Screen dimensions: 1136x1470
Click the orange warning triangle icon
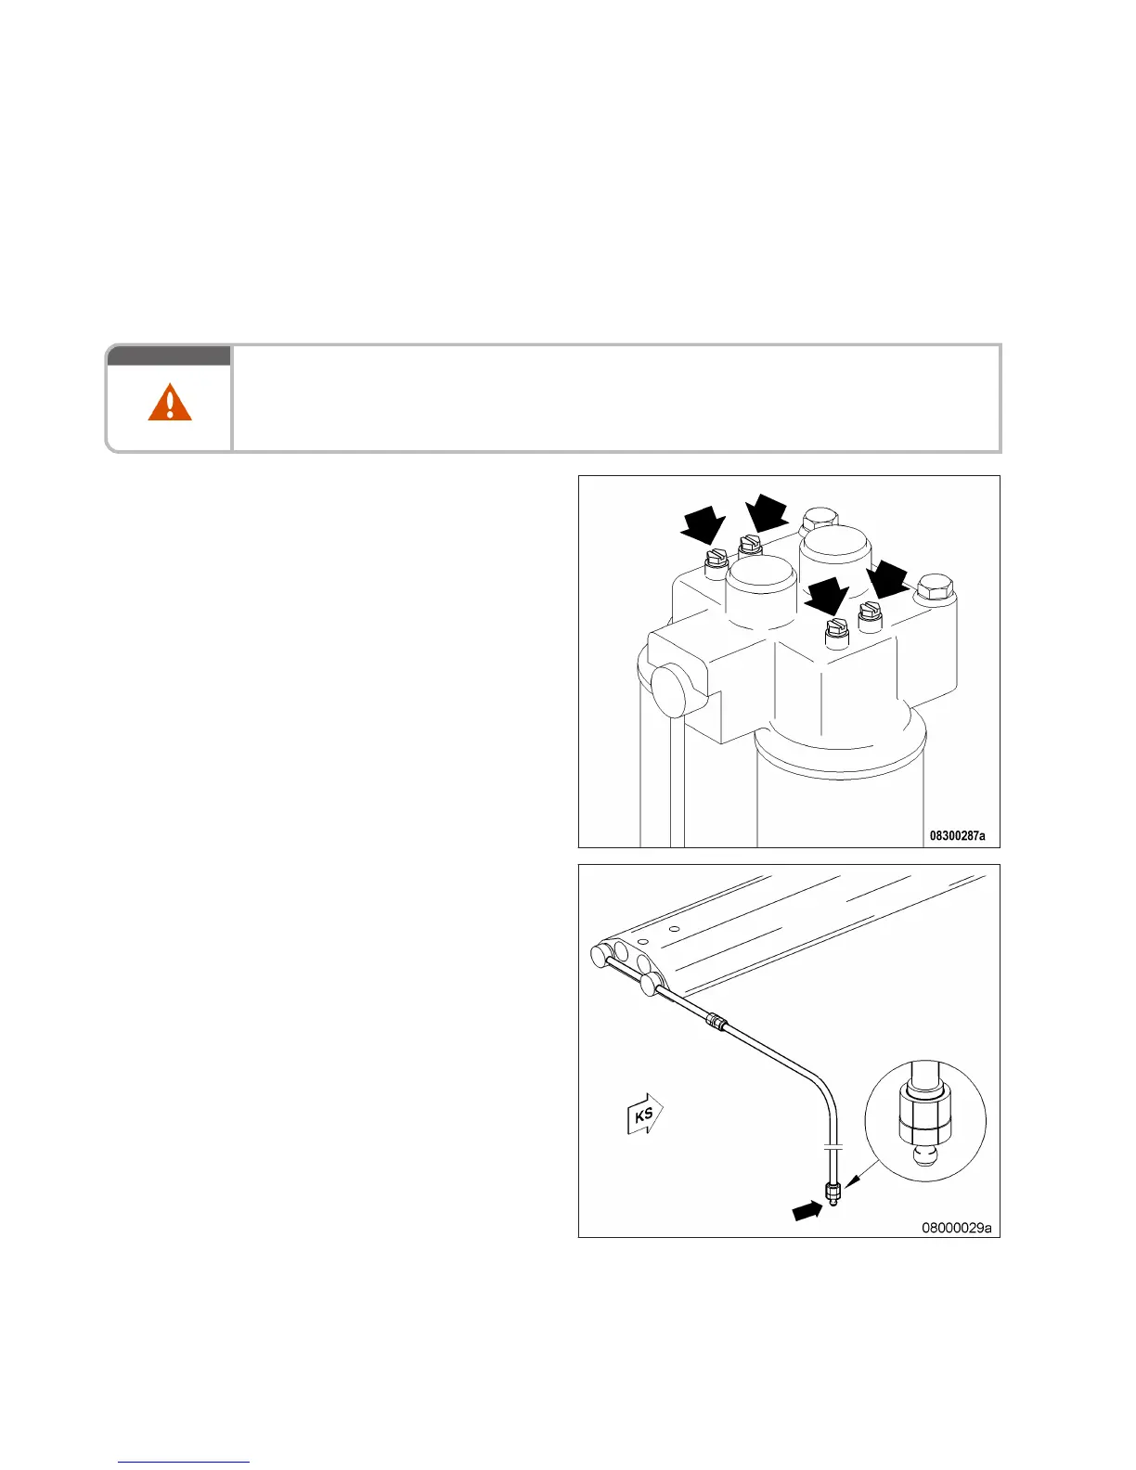pyautogui.click(x=170, y=404)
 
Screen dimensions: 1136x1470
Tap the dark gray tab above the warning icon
pyautogui.click(x=168, y=355)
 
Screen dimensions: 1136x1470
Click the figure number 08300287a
pyautogui.click(x=958, y=836)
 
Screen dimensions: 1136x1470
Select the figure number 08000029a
pyautogui.click(x=956, y=1228)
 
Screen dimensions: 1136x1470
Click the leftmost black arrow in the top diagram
pyautogui.click(x=704, y=525)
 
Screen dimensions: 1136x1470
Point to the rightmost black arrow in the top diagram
pyautogui.click(x=889, y=579)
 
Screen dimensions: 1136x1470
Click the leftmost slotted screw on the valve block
pyautogui.click(x=715, y=561)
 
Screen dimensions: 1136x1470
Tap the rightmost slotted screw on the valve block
pyautogui.click(x=870, y=615)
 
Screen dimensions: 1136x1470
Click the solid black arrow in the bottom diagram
pyautogui.click(x=807, y=1209)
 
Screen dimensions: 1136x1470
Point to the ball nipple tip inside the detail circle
pyautogui.click(x=923, y=1154)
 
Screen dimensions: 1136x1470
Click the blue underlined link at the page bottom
pyautogui.click(x=185, y=1462)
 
